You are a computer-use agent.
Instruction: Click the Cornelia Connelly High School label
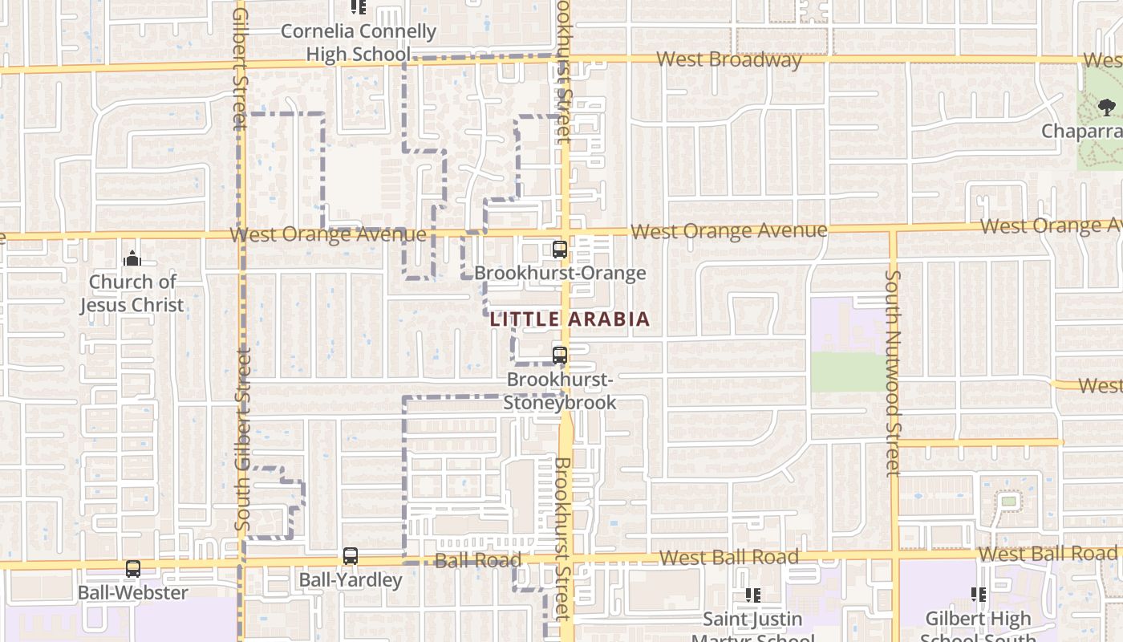[359, 43]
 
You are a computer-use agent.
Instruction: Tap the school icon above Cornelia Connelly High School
[359, 8]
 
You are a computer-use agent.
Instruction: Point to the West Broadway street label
[728, 60]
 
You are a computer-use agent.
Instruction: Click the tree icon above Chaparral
[1107, 107]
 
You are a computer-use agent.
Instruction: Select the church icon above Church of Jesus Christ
[132, 258]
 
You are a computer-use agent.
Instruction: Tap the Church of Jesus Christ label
[132, 293]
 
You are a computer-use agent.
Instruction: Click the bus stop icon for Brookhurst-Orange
[560, 250]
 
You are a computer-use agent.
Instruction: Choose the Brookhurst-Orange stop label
[560, 273]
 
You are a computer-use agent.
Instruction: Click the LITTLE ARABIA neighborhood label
[570, 319]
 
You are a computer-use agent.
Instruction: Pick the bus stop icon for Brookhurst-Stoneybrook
[560, 355]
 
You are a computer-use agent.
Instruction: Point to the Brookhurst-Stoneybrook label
[560, 390]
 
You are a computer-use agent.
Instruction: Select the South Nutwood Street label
[893, 372]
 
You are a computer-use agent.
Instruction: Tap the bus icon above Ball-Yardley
[351, 555]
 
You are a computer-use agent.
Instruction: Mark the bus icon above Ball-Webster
[133, 569]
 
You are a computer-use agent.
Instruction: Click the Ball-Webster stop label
[133, 593]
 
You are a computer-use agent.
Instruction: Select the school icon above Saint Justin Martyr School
[752, 595]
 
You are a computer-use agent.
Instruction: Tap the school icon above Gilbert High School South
[979, 595]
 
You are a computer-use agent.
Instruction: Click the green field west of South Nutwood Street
[849, 372]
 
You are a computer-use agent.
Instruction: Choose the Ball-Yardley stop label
[351, 579]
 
